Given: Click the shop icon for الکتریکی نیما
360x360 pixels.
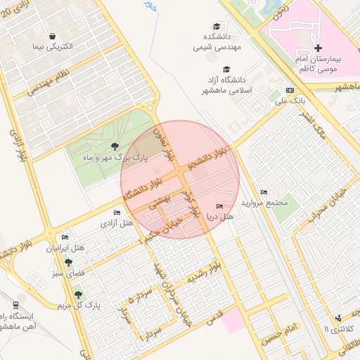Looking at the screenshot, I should (53, 36).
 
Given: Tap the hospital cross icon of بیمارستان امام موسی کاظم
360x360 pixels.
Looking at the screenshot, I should (319, 49).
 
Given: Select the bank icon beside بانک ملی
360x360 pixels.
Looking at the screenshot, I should (290, 91).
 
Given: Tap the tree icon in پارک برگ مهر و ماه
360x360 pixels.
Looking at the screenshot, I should (115, 147).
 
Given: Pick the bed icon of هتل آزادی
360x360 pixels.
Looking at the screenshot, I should (117, 212).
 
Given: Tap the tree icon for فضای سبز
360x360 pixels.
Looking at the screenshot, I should (68, 262).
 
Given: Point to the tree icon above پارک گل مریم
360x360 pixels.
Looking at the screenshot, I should (77, 294).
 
